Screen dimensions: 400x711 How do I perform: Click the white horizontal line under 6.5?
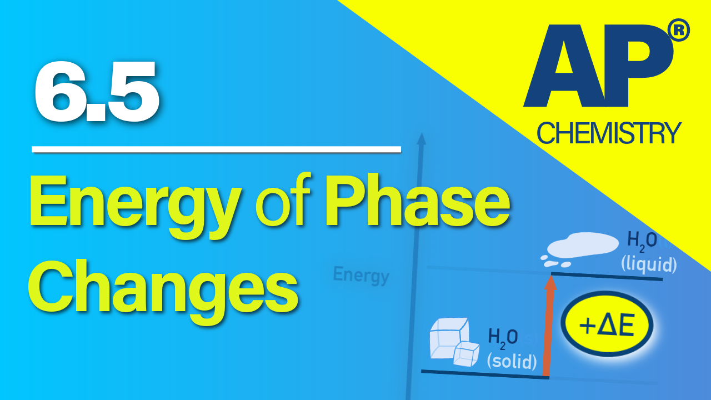217,149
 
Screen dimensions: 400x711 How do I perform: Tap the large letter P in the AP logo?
639,67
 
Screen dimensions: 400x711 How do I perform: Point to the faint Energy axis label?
361,275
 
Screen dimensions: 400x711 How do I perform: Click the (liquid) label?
649,264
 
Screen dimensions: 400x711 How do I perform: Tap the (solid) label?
512,361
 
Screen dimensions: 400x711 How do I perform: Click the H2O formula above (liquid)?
643,241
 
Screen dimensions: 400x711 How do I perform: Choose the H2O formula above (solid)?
503,337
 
